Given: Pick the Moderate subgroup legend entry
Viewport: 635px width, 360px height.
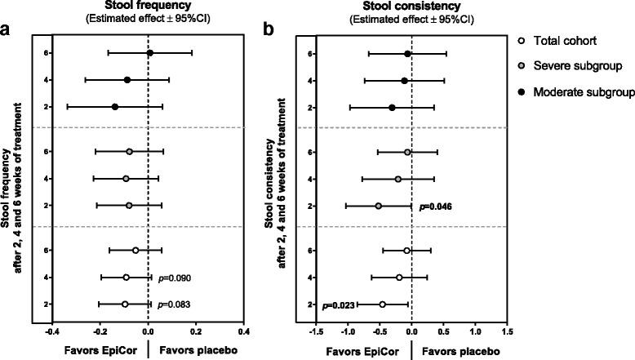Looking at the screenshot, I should (581, 87).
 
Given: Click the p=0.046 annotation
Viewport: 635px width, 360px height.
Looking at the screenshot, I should (437, 206).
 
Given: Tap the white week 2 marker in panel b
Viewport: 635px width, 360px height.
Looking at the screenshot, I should (382, 304).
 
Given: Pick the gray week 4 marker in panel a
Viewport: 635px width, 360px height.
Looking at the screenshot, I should (126, 178).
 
